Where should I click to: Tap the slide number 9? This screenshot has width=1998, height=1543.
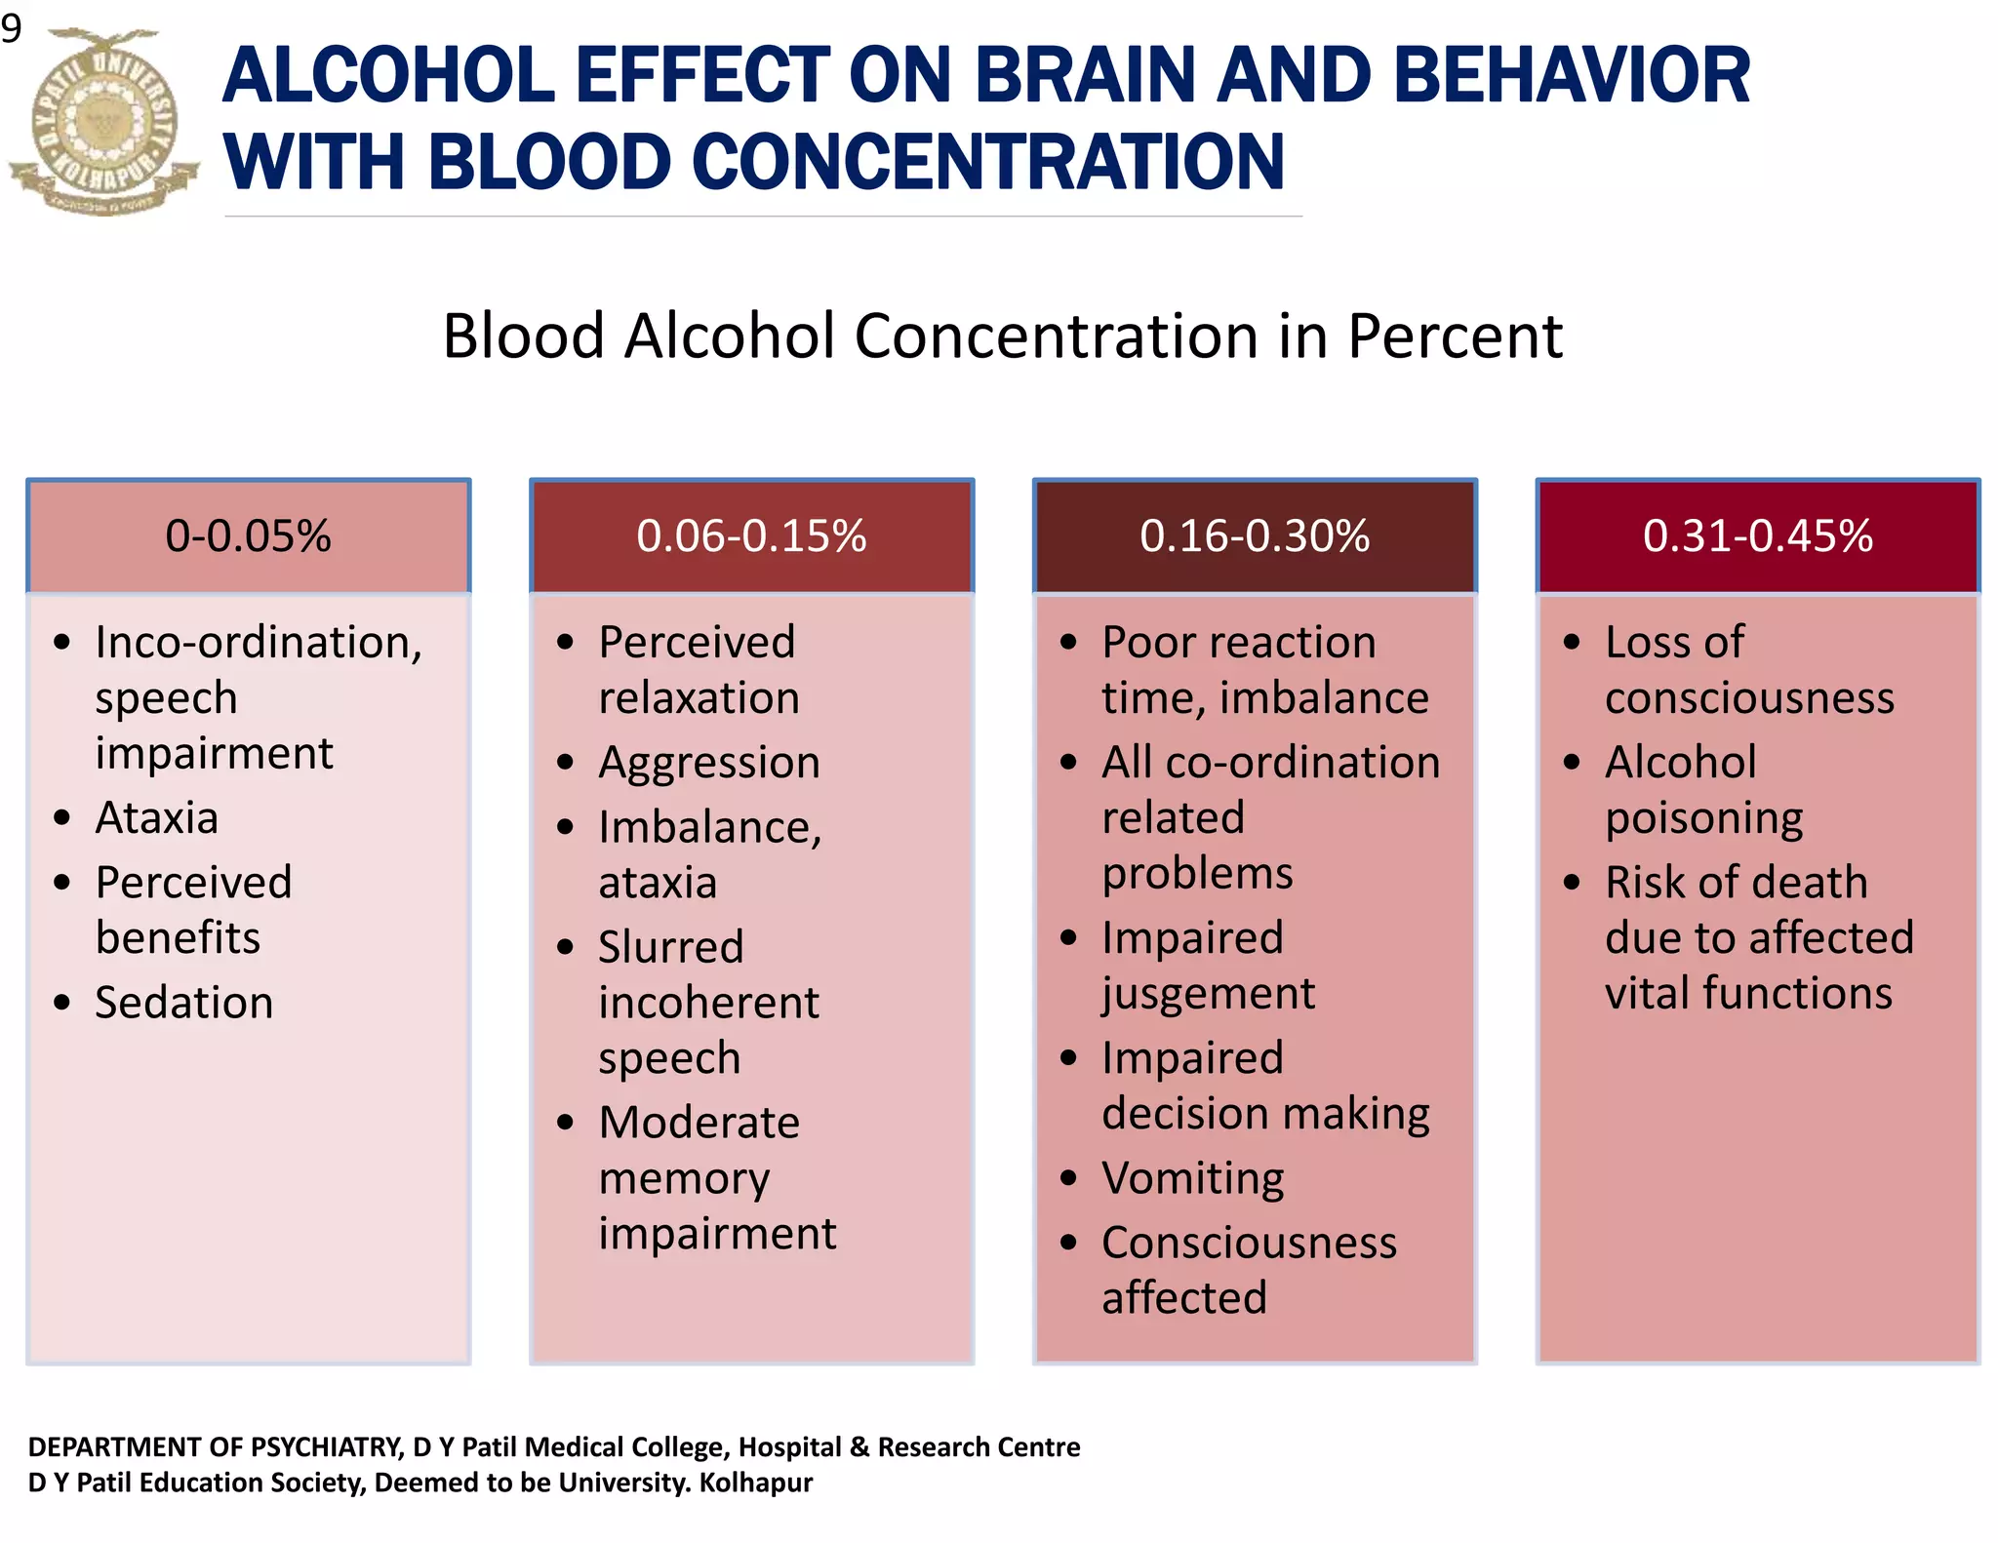tap(12, 29)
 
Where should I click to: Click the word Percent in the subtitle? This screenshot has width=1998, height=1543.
tap(1455, 336)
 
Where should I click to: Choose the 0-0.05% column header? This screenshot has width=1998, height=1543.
tap(248, 536)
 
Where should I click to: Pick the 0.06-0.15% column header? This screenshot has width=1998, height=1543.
tap(751, 536)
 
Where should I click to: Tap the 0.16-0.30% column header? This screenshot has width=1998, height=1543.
tap(1255, 536)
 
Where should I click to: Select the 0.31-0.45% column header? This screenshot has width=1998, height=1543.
tap(1757, 536)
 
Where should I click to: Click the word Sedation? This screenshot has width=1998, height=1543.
tap(184, 1003)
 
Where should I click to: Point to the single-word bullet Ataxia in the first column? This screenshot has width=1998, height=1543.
tap(156, 817)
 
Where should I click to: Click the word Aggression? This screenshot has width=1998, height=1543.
tap(709, 763)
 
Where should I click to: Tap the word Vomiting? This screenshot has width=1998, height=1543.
tap(1192, 1178)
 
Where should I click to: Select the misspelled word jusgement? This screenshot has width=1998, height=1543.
tap(1208, 994)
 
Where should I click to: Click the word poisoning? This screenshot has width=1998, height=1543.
tap(1703, 818)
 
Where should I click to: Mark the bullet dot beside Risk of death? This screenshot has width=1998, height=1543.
tap(1572, 883)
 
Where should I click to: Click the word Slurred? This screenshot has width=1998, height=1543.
tap(671, 947)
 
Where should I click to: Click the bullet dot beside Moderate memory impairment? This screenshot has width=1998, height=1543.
tap(566, 1123)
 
